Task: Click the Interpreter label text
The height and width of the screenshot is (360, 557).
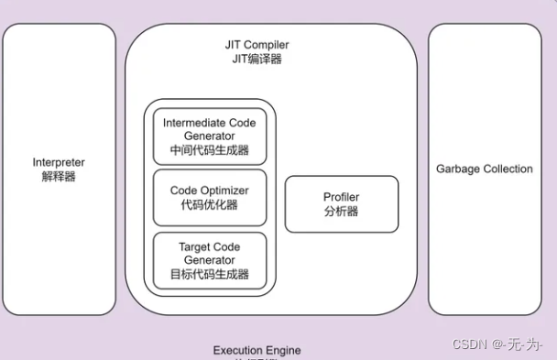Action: [x=59, y=162]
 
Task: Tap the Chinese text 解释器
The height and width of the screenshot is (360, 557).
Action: [x=59, y=176]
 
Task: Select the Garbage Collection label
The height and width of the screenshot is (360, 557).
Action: [x=484, y=169]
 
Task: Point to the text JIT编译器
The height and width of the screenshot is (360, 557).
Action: [x=258, y=59]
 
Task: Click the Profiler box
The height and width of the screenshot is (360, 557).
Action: [x=342, y=203]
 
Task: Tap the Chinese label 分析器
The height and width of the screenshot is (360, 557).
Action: [x=342, y=211]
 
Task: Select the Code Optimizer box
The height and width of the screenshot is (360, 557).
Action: [x=210, y=198]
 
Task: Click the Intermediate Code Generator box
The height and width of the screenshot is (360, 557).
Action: [x=210, y=136]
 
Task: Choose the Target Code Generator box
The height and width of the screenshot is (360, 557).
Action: [x=210, y=260]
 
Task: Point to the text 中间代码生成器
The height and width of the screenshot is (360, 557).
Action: [x=210, y=150]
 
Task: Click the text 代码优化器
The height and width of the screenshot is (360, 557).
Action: [x=210, y=205]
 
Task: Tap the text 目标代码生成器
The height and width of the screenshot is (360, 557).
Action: [x=210, y=274]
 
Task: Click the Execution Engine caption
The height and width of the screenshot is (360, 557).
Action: [x=257, y=351]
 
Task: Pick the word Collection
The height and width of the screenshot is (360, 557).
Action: [x=508, y=169]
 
